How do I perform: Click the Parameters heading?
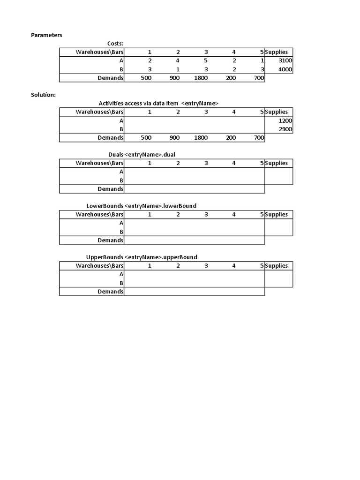[46, 35]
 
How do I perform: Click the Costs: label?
[115, 44]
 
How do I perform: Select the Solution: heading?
[43, 95]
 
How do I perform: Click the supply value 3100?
[285, 61]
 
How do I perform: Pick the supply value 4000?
[285, 69]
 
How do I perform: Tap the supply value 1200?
[285, 120]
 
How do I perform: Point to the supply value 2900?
[285, 129]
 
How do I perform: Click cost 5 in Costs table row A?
[206, 61]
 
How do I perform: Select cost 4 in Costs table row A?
[178, 61]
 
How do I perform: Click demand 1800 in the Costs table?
[201, 78]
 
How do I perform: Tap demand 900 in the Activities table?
[174, 138]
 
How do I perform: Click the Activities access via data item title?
[158, 103]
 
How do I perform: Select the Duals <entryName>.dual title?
[142, 154]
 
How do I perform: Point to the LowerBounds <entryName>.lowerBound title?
[141, 206]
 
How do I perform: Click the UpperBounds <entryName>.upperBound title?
[142, 257]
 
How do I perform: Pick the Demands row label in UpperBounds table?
[110, 291]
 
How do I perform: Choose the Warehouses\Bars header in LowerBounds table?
[99, 214]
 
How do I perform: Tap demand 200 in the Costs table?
[231, 78]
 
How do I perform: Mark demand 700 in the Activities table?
[259, 138]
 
